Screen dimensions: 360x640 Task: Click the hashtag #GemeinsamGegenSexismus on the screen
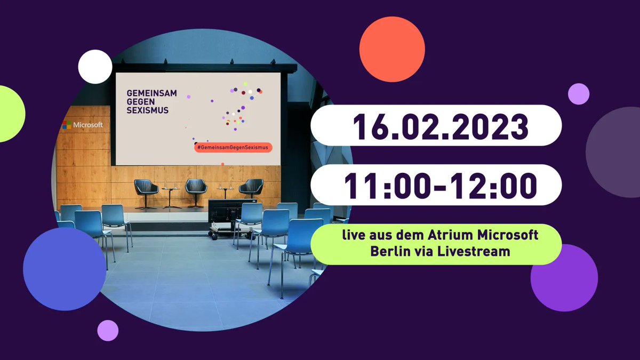pos(233,147)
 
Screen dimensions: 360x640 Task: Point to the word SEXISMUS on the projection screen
pos(147,110)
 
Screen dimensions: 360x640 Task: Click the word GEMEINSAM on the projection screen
pos(151,93)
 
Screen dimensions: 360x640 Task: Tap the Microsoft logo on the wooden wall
pos(82,125)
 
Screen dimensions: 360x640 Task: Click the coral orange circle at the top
pos(393,49)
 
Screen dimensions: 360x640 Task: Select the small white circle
pos(95,67)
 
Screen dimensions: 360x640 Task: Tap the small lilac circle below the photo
pos(108,330)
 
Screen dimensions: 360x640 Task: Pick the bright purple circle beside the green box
pos(563,277)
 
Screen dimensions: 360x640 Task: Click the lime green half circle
pos(11,114)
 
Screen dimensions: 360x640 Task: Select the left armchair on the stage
pos(147,188)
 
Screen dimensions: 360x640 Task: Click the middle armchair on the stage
pos(196,187)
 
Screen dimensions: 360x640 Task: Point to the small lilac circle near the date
pos(579,94)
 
